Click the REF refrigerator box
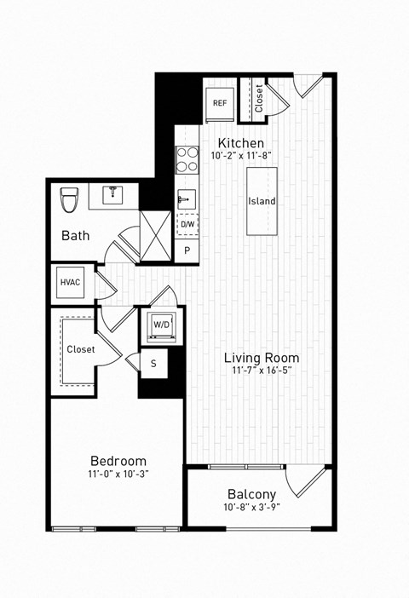pos(220,103)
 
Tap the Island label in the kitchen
pos(262,201)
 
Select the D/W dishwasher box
pos(187,225)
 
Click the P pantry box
pos(187,250)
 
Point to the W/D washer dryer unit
pos(161,325)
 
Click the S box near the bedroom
pos(153,363)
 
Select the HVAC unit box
pos(70,283)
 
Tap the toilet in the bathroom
pos(70,200)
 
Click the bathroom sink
pos(114,193)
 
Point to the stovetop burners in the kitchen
pos(187,158)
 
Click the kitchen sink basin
pos(187,199)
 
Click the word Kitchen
pos(241,143)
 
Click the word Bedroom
pos(118,461)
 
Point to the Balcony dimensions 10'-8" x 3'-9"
pos(251,509)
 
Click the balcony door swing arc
pos(304,484)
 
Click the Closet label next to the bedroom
pos(81,349)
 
